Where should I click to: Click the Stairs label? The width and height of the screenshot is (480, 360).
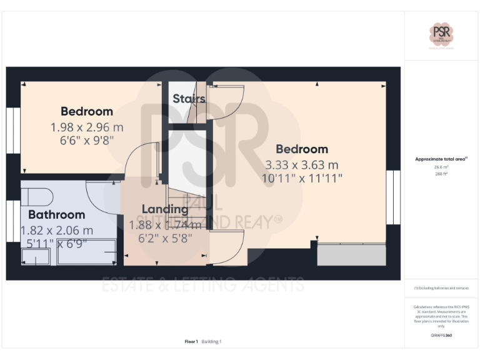(189, 99)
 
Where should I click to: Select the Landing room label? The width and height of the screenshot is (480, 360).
(165, 209)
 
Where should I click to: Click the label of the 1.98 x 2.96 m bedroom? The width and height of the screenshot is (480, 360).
(87, 111)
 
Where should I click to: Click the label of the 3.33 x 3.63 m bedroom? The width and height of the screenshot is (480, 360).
(302, 149)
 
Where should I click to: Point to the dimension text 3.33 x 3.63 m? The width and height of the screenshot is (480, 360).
(302, 165)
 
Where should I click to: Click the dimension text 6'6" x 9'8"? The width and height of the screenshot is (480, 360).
(87, 140)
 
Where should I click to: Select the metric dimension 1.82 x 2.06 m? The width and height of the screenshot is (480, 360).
(57, 230)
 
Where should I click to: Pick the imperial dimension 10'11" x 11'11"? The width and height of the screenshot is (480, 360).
(302, 178)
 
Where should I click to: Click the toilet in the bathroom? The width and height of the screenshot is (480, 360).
(36, 196)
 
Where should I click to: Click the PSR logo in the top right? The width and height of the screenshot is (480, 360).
(441, 34)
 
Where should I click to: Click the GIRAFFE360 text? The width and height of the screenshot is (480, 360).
(441, 336)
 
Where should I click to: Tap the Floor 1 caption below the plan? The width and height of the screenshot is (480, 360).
(191, 341)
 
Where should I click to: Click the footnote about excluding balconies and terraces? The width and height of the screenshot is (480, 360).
(441, 288)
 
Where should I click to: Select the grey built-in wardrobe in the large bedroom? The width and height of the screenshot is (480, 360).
(351, 254)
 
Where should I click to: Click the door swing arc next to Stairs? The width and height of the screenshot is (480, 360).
(226, 102)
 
